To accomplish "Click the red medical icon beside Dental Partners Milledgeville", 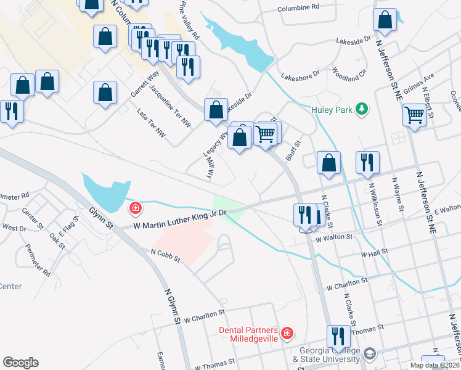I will click(287, 334).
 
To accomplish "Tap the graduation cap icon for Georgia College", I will click(369, 354).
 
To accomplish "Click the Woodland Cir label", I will click(349, 75).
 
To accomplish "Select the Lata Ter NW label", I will click(151, 120).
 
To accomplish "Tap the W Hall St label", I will click(374, 253).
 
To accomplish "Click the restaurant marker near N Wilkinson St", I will click(367, 162).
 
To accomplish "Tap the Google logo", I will click(20, 363).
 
